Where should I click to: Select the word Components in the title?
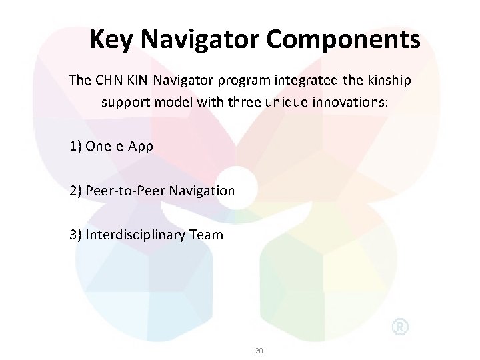point(344,39)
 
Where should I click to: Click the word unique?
point(295,103)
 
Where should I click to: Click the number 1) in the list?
point(75,146)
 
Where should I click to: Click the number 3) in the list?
point(75,235)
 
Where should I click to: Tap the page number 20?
point(260,349)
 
